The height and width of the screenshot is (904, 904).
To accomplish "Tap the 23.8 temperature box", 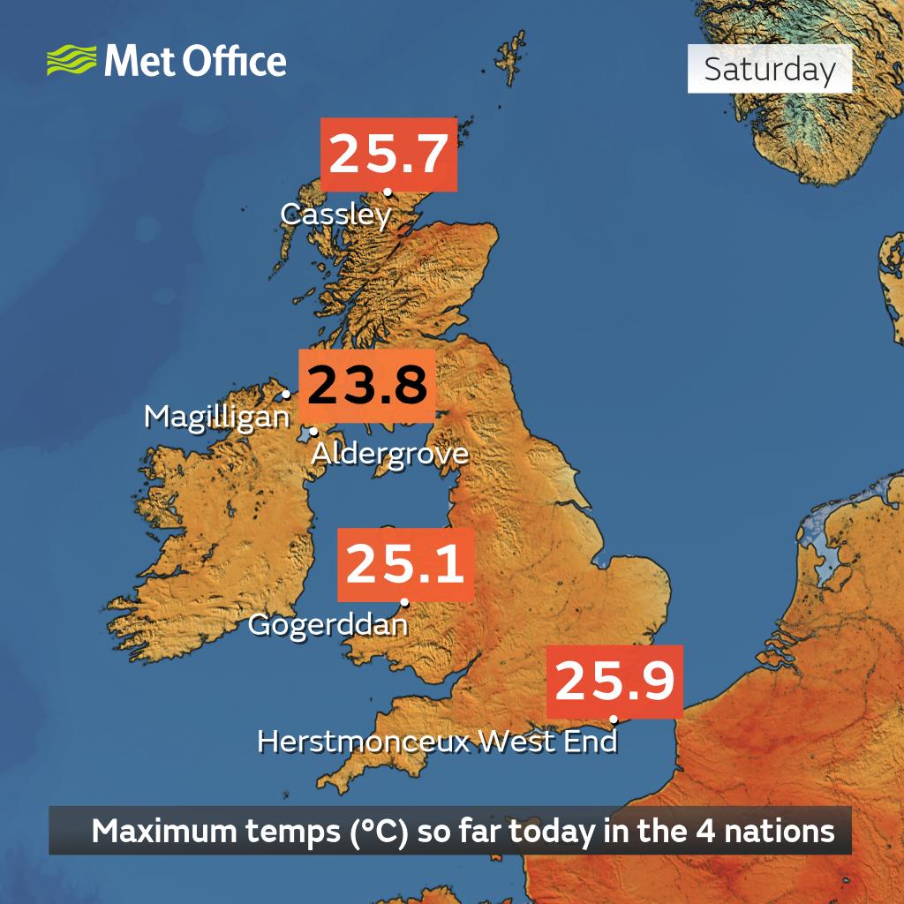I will [367, 386].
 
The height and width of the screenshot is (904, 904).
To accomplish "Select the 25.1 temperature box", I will [405, 564].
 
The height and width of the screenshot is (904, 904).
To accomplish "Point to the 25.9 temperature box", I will [615, 682].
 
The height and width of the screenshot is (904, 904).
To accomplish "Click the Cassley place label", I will [335, 215].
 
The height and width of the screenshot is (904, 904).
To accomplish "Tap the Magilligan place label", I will [217, 417].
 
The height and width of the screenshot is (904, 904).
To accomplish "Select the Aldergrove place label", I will [389, 454].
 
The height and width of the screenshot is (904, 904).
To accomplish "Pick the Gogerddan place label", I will [328, 625].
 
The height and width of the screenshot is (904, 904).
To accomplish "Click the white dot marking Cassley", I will [388, 192].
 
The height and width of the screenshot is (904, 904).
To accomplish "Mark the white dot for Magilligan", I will [286, 395].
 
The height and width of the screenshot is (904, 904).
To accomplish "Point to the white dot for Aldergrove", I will [313, 433].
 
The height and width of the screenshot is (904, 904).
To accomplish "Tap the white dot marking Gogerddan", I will [404, 604].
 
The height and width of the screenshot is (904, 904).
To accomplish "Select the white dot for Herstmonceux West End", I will [614, 719].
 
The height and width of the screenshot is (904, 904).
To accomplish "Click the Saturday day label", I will [770, 70].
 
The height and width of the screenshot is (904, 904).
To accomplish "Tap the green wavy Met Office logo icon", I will [72, 62].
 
